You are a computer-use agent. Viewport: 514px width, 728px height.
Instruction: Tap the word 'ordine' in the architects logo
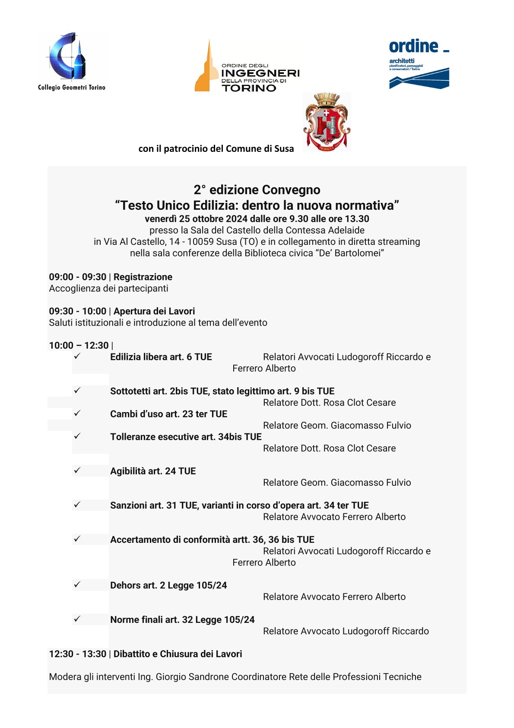tap(413, 46)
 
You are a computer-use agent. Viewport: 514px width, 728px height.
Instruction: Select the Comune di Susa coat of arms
tap(327, 122)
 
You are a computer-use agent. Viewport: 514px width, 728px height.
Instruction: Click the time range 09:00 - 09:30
tap(78, 277)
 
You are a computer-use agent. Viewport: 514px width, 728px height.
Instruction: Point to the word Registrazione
tap(143, 277)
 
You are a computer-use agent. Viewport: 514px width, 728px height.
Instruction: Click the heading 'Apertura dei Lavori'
tap(154, 311)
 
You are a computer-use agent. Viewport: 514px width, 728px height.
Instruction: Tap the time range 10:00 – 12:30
tap(79, 345)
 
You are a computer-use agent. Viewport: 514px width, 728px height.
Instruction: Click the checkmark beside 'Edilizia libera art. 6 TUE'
tap(77, 356)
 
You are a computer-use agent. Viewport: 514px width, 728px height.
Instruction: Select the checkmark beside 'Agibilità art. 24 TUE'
tap(77, 470)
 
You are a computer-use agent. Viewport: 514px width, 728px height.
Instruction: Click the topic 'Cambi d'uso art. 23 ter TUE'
tap(168, 414)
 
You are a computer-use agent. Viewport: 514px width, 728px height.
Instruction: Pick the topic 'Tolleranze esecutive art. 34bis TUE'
tap(186, 437)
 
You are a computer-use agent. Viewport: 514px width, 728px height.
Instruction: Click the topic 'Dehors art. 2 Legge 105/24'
tap(168, 585)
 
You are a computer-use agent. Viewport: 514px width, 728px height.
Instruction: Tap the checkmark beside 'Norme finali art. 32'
tap(77, 619)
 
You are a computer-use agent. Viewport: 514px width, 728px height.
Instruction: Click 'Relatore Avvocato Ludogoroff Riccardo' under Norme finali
tap(346, 631)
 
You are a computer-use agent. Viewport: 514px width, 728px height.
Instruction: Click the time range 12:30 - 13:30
tap(78, 654)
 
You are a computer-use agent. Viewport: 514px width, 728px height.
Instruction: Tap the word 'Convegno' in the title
tap(291, 190)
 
